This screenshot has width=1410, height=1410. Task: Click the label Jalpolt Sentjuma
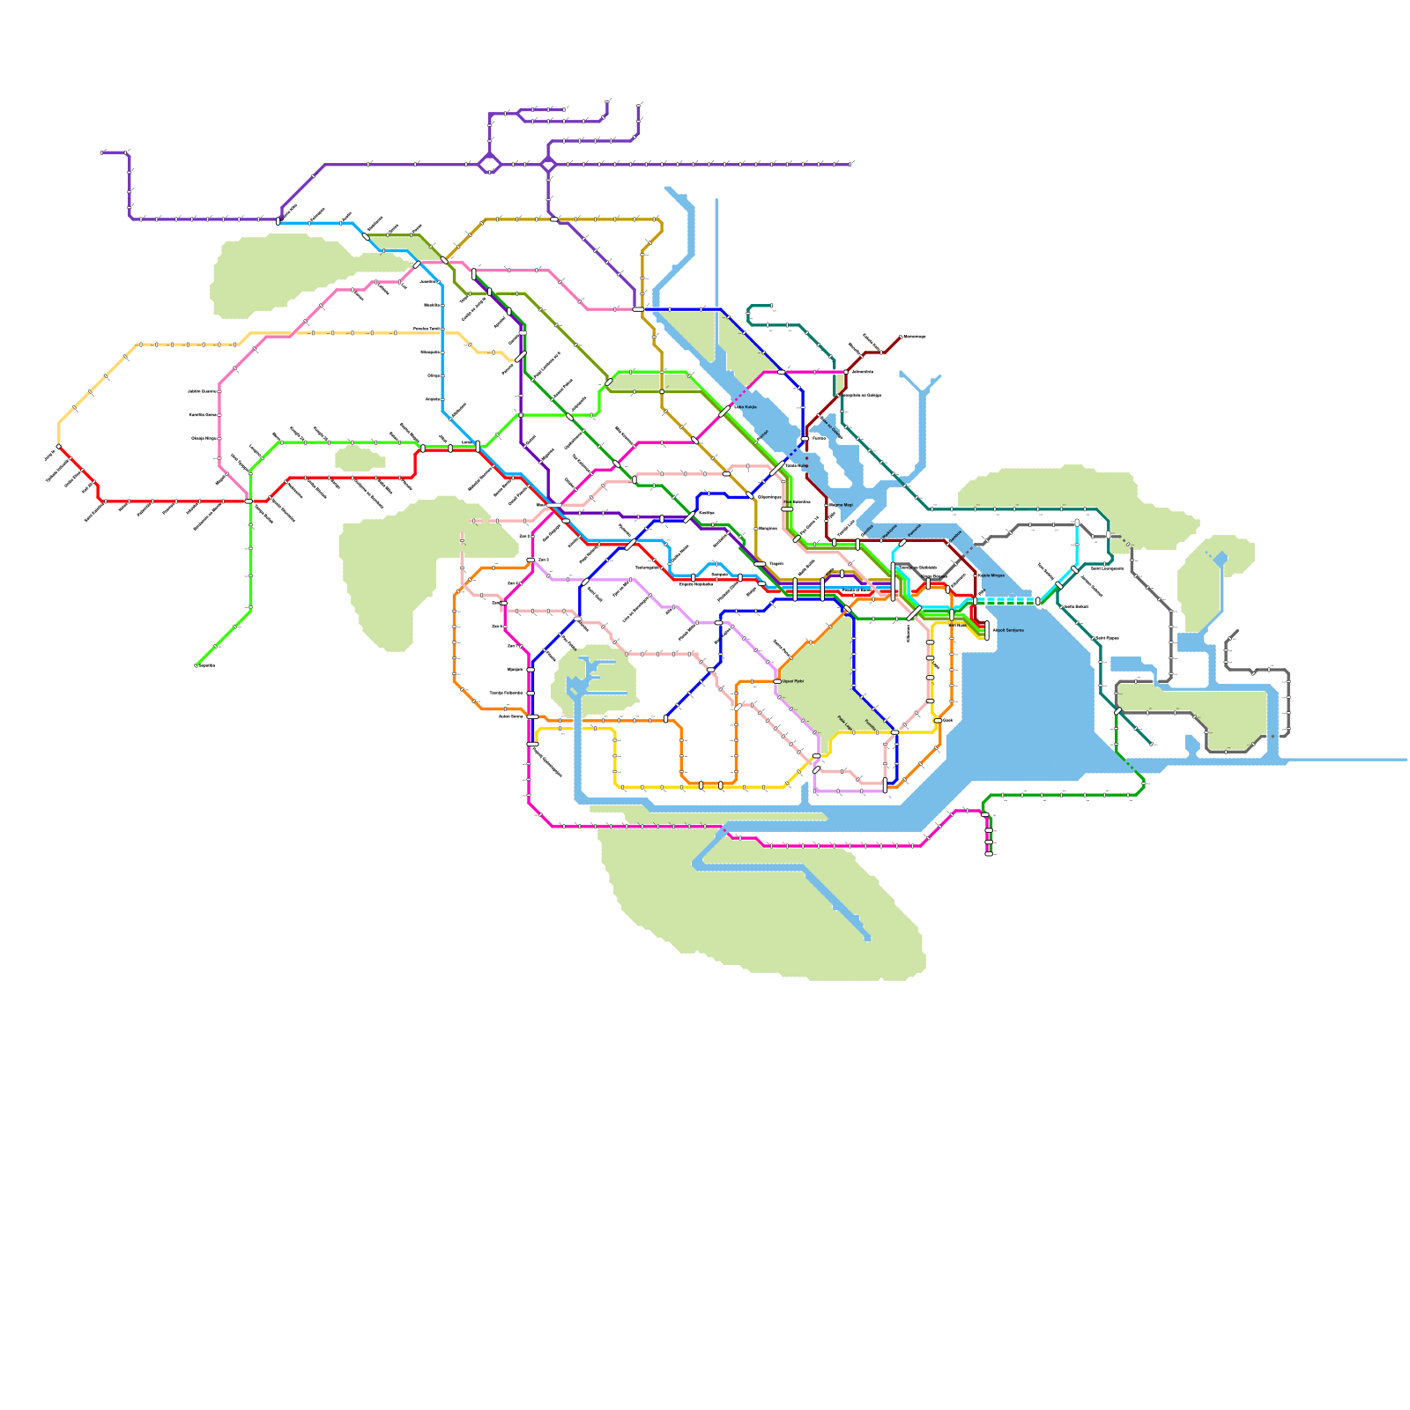coord(1008,630)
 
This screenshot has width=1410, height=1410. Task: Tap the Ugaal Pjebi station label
coord(793,681)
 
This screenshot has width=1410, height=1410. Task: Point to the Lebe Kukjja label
coord(746,407)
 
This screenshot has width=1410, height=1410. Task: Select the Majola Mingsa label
coord(992,575)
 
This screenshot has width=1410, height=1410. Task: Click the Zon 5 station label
coord(543,560)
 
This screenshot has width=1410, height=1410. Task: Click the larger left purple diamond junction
coord(489,164)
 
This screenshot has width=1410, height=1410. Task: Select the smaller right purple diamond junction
coord(548,164)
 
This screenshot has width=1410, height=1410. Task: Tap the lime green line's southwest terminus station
coord(196,665)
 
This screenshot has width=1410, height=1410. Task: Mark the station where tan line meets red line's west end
coord(59,447)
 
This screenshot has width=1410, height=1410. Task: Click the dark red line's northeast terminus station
coord(901,337)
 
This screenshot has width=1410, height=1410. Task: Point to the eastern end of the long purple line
coord(851,164)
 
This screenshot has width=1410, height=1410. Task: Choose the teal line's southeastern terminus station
coord(1151,744)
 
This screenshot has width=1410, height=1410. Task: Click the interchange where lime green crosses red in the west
coord(249,501)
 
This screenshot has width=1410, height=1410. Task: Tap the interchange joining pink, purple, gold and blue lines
coord(637,309)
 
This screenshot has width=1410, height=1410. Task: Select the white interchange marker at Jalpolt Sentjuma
coord(987,626)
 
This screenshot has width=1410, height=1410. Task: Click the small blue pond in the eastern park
coord(1221,558)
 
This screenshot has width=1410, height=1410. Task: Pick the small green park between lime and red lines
coord(359,457)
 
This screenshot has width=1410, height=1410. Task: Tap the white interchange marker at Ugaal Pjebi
coord(776,681)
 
